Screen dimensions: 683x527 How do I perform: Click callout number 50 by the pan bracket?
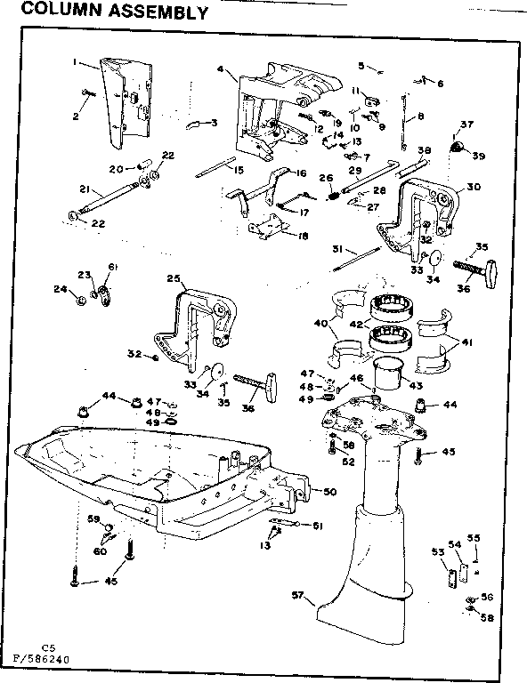coord(330,492)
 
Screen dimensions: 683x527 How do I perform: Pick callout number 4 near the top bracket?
coord(220,68)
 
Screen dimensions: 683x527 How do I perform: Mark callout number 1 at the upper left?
coord(77,63)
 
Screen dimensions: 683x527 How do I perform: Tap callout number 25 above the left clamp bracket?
coord(174,278)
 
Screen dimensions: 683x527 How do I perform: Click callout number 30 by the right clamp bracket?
coord(473,187)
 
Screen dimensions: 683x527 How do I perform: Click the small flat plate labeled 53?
coord(449,575)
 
